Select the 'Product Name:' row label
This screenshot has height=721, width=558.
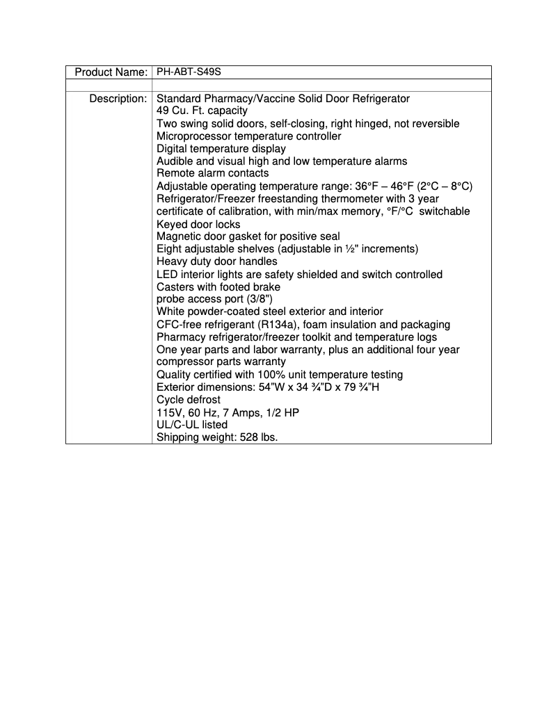(x=111, y=72)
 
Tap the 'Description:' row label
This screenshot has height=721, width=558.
(x=118, y=99)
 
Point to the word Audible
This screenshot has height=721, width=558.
(x=175, y=161)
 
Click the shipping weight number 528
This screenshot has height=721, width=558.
(x=247, y=437)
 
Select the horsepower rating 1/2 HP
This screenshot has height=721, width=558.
(x=287, y=412)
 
